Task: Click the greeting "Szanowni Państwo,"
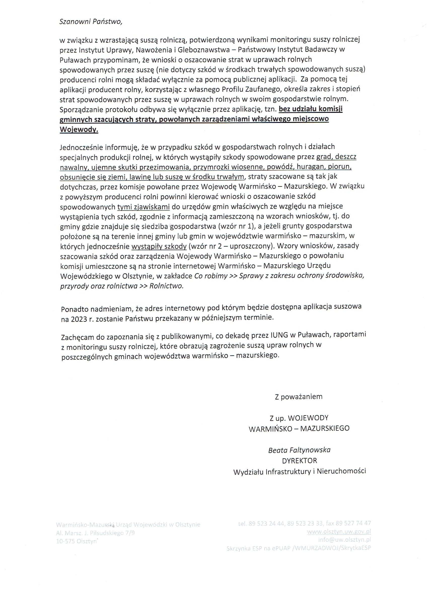pyautogui.click(x=91, y=22)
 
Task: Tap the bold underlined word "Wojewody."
pyautogui.click(x=79, y=129)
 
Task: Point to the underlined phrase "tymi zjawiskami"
pyautogui.click(x=144, y=207)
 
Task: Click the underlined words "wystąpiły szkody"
pyautogui.click(x=159, y=246)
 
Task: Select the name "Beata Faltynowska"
pyautogui.click(x=299, y=450)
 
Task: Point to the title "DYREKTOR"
pyautogui.click(x=300, y=461)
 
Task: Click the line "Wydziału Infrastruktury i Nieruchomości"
pyautogui.click(x=300, y=471)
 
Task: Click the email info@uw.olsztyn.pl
pyautogui.click(x=344, y=540)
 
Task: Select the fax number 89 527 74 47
pyautogui.click(x=353, y=523)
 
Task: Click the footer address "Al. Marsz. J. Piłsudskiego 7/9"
pyautogui.click(x=95, y=533)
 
